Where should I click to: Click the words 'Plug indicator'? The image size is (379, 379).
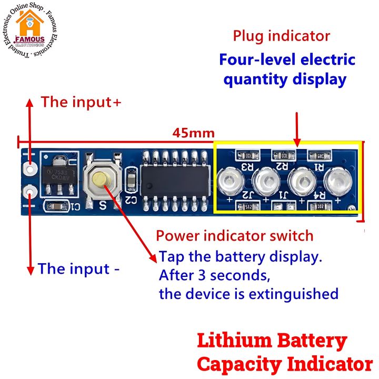point(282,36)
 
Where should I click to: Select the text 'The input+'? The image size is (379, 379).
point(81,102)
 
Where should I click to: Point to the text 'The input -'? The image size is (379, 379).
point(79,269)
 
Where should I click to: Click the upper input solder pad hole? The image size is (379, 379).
point(30,169)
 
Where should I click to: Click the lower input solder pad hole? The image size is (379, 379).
point(30,191)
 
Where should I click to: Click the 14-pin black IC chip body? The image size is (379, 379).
point(173,181)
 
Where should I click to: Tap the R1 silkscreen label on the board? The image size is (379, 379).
point(319,166)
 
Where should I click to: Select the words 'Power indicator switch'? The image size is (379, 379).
point(234,235)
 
